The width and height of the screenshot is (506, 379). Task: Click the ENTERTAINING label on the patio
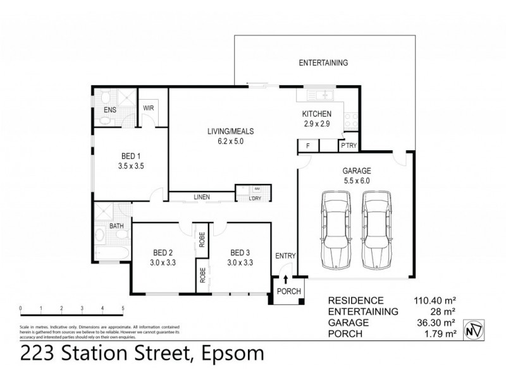pos(323,63)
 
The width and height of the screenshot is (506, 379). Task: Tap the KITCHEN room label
pos(316,114)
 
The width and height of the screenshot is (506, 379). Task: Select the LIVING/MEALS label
pos(230,131)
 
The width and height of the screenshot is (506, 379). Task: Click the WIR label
pos(149,108)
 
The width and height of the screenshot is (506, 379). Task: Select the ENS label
pos(109,109)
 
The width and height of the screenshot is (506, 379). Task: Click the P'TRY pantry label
pos(349,145)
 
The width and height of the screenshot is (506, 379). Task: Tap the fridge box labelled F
pos(307,146)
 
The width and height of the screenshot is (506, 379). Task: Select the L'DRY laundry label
pos(256,199)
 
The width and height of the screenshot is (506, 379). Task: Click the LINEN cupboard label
pos(202,198)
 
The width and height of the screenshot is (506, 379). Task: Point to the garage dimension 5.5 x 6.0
pos(356,181)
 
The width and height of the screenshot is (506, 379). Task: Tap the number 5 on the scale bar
pos(123,309)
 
